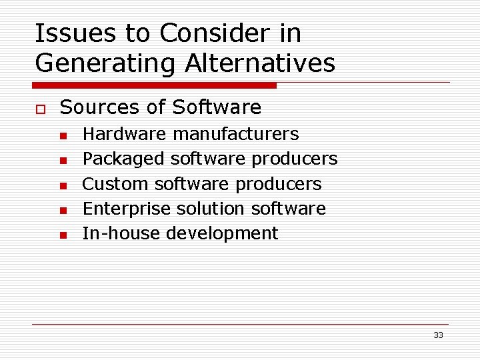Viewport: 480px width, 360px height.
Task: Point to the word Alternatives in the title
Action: tap(260, 63)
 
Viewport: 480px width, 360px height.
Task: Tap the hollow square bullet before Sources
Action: tap(39, 108)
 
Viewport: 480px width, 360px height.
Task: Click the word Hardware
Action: tap(124, 134)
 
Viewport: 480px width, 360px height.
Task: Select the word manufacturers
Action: tap(235, 134)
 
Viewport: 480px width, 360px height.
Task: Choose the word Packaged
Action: tap(123, 159)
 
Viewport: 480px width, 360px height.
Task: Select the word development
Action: tap(222, 234)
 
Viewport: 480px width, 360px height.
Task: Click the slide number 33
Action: tap(438, 335)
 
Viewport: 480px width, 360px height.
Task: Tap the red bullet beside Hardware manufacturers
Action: tap(63, 135)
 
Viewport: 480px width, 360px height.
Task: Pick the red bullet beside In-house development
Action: tap(63, 235)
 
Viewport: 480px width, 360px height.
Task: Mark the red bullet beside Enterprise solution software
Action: tap(63, 210)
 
